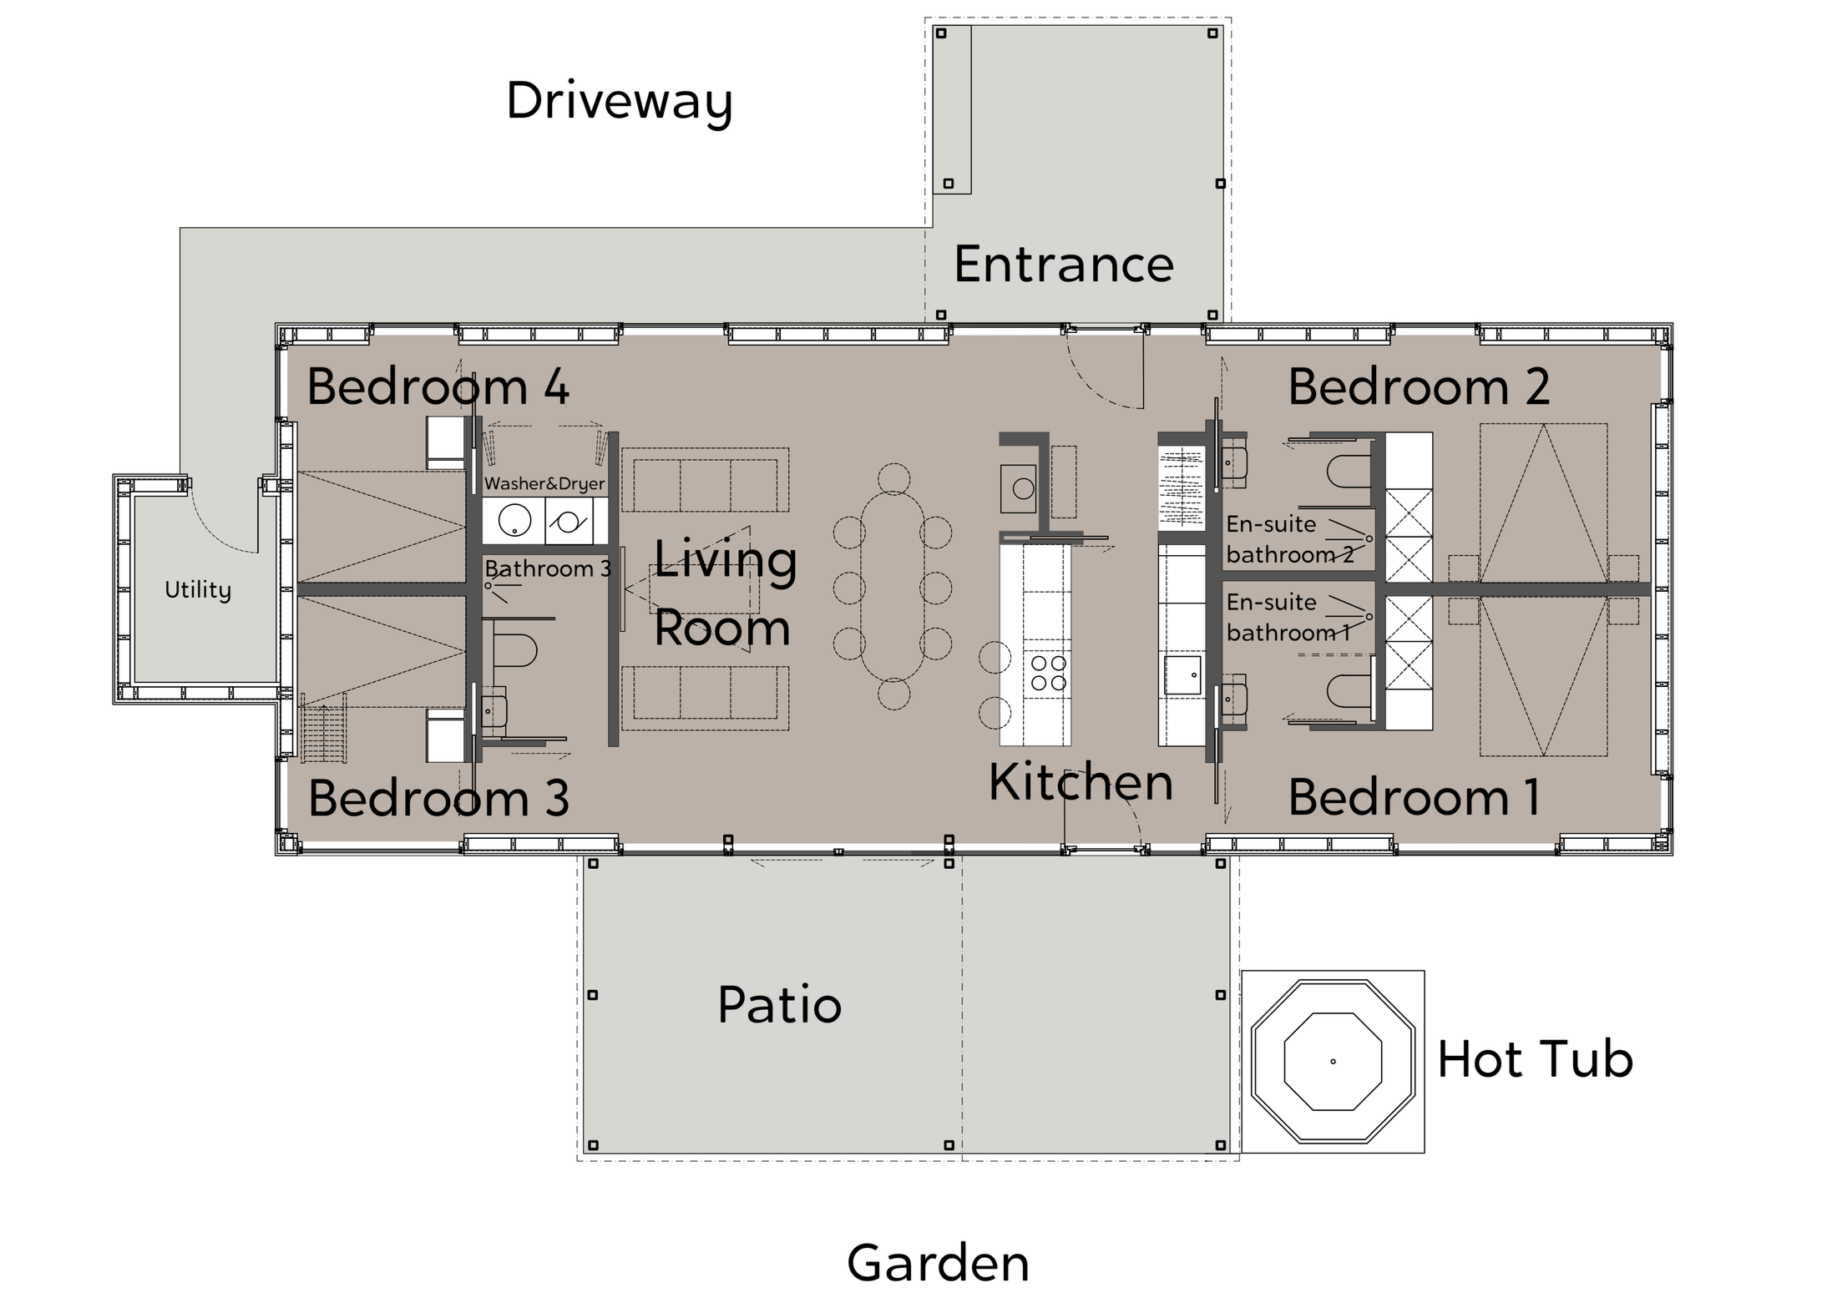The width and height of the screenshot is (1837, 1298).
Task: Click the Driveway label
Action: pyautogui.click(x=619, y=102)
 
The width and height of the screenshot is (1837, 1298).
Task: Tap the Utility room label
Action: pyautogui.click(x=198, y=590)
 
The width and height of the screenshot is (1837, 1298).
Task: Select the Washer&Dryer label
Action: pyautogui.click(x=544, y=483)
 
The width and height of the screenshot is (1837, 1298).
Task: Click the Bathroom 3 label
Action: pyautogui.click(x=548, y=568)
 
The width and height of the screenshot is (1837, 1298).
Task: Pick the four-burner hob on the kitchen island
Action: pyautogui.click(x=1048, y=673)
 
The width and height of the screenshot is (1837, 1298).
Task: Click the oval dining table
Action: pyautogui.click(x=893, y=586)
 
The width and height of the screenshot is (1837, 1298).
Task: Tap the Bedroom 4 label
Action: pyautogui.click(x=438, y=386)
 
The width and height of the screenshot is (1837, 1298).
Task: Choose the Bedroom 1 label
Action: pyautogui.click(x=1414, y=796)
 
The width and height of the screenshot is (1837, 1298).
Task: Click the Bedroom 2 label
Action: pyautogui.click(x=1419, y=386)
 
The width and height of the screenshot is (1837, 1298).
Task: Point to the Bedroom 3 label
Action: pyautogui.click(x=438, y=797)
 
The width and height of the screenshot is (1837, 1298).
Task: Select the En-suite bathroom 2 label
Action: pyautogui.click(x=1290, y=539)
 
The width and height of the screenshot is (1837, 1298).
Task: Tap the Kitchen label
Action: pyautogui.click(x=1080, y=782)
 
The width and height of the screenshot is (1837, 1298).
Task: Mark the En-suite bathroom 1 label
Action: pyautogui.click(x=1288, y=617)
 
